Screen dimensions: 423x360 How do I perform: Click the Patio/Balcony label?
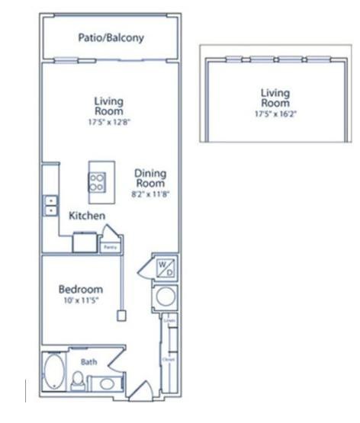[111, 38]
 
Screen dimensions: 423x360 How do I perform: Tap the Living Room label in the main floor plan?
[108, 105]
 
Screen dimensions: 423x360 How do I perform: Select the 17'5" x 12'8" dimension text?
[108, 120]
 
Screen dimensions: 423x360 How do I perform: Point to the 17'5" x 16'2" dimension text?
[275, 114]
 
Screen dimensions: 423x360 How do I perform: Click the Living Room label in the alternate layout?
[275, 98]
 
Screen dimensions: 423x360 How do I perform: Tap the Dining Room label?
[152, 178]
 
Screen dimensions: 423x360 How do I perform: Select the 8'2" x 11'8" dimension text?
[152, 194]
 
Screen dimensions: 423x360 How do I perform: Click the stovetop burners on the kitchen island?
[98, 181]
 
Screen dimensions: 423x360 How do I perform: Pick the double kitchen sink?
[51, 205]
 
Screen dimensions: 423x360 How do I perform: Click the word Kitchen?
[86, 216]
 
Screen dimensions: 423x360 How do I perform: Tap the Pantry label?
[110, 247]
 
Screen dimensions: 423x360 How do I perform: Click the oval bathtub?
[54, 373]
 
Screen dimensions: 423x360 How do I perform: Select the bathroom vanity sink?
[102, 382]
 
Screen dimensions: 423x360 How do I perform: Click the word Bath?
[89, 362]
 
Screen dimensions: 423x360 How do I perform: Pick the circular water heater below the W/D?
[165, 296]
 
